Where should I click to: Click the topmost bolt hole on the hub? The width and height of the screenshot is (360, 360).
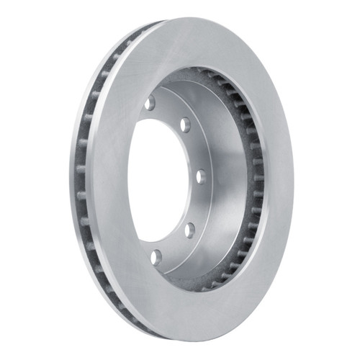[150, 104]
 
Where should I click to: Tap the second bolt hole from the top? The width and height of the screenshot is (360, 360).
[185, 124]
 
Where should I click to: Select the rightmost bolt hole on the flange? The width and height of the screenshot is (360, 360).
[201, 176]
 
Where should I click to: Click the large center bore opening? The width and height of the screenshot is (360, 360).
[155, 180]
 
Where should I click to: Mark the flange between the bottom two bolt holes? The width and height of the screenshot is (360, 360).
[173, 246]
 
